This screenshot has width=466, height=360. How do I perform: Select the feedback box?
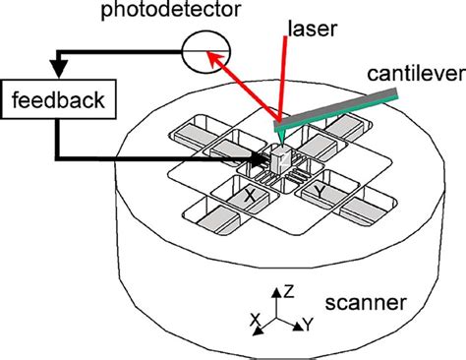click(55, 100)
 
